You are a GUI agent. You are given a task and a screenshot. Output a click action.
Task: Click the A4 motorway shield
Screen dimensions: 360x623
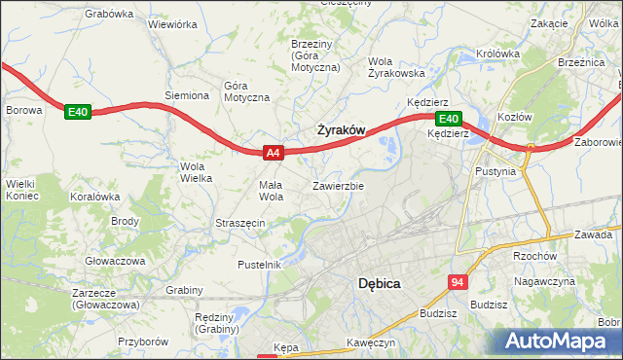(x=274, y=152)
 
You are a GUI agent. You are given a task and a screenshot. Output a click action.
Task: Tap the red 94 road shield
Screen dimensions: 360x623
(x=458, y=281)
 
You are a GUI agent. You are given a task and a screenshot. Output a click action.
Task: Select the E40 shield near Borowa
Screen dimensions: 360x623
(x=78, y=113)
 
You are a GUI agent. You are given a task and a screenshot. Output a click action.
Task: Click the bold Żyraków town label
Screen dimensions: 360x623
(x=341, y=129)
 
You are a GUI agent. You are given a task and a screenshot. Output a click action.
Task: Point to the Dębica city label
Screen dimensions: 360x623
(x=381, y=283)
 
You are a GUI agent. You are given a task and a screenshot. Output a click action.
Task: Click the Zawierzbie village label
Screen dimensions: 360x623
(x=339, y=185)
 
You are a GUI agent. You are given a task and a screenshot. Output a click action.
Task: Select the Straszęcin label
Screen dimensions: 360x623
(x=240, y=223)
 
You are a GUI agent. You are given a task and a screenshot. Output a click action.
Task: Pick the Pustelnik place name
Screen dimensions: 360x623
(x=260, y=265)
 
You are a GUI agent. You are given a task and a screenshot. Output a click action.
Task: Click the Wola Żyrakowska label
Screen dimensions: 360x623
(x=396, y=66)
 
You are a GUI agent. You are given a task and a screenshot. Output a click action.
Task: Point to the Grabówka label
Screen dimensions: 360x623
(x=109, y=14)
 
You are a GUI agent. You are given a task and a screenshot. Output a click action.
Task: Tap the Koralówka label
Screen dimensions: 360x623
(x=94, y=196)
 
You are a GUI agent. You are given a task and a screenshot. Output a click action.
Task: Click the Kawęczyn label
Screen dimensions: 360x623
(x=370, y=343)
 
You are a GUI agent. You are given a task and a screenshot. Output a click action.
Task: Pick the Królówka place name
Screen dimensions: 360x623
(x=499, y=54)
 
